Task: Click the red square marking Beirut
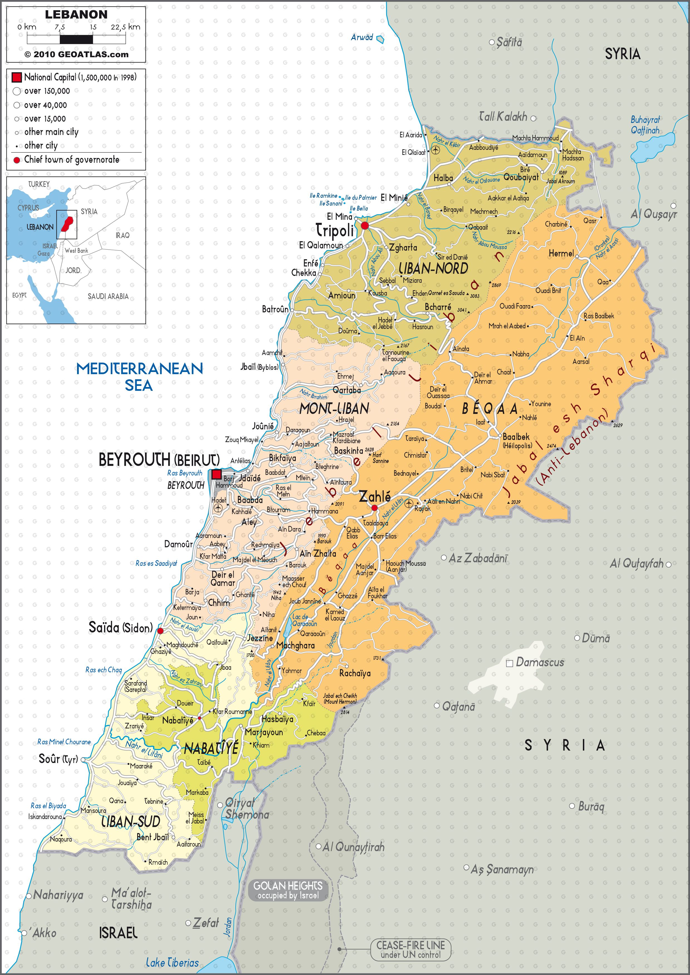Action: pyautogui.click(x=216, y=474)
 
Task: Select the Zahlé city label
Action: pyautogui.click(x=375, y=496)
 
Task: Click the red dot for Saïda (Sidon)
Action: pyautogui.click(x=160, y=631)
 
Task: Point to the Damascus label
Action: pyautogui.click(x=539, y=662)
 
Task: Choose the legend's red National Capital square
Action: pyautogui.click(x=17, y=77)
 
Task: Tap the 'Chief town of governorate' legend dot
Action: pyautogui.click(x=17, y=160)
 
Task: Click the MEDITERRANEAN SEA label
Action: pyautogui.click(x=139, y=376)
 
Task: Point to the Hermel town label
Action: pyautogui.click(x=561, y=254)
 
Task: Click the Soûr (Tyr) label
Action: pyautogui.click(x=58, y=758)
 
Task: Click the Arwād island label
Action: pyautogui.click(x=362, y=37)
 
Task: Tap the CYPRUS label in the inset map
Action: pyautogui.click(x=28, y=208)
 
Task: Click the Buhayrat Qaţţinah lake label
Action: pyautogui.click(x=645, y=125)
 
